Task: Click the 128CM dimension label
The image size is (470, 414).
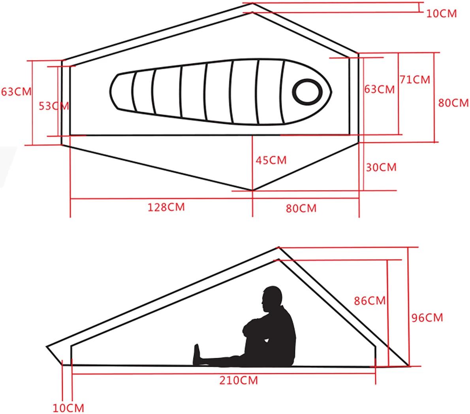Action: point(166,207)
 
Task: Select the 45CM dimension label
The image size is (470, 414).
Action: point(271,160)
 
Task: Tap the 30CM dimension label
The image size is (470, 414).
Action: point(381,167)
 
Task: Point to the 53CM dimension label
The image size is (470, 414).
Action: point(54,106)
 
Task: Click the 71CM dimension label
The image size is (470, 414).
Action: point(414,79)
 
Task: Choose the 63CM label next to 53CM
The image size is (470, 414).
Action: point(16,91)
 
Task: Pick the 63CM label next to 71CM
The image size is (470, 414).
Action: point(379,89)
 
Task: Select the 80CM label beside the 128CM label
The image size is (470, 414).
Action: point(301,208)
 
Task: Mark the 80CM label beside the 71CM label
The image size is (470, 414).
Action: point(453,103)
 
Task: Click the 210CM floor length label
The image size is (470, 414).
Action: point(239,380)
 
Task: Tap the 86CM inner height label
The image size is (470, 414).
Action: point(369,301)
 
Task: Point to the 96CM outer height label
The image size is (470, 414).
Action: point(427,318)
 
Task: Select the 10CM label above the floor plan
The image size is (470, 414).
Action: point(441,13)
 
